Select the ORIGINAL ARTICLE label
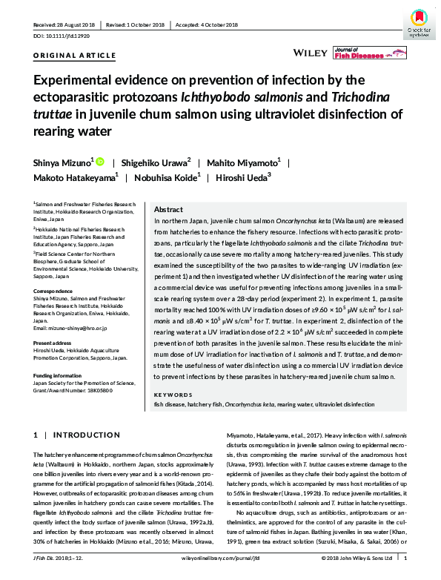(x=74, y=56)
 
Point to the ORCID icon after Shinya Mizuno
(x=101, y=160)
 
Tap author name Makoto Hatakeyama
(x=75, y=178)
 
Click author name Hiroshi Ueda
(x=242, y=178)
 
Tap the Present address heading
(x=53, y=343)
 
